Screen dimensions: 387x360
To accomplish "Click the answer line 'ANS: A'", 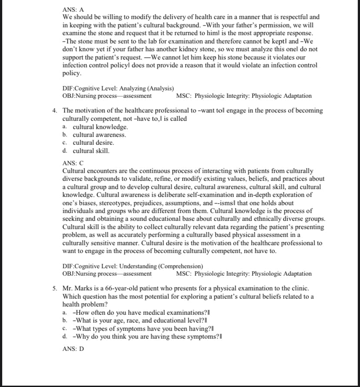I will click(73, 9).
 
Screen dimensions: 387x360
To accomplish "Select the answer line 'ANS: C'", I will click(73, 163).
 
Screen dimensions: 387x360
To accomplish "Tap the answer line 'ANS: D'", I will click(73, 349).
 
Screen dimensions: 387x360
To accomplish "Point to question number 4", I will click(55, 110).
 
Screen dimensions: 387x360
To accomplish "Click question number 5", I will click(55, 288).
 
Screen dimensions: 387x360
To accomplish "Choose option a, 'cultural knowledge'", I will click(100, 127).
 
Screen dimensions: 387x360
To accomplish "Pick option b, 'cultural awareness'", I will click(99, 135).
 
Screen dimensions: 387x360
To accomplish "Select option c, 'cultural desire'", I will click(93, 143).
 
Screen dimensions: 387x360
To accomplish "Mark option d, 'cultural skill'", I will click(91, 151).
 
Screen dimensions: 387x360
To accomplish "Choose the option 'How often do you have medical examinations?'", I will click(141, 313).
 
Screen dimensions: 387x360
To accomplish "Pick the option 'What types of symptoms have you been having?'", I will click(143, 328).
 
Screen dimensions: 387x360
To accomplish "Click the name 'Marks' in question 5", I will click(85, 288).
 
